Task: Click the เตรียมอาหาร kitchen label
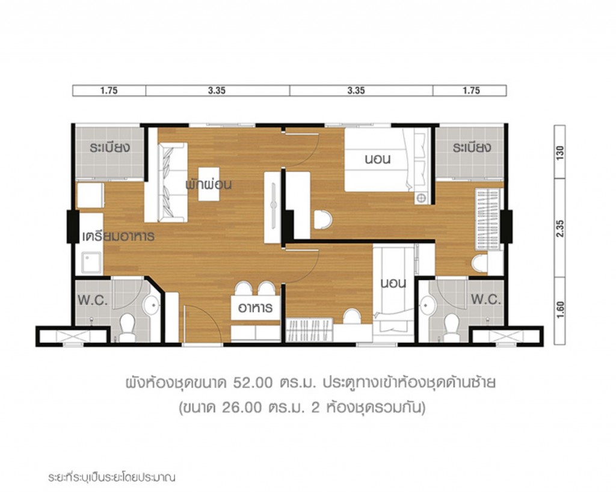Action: tap(118, 236)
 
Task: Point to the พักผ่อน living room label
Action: tap(209, 183)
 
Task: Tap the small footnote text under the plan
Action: tap(111, 479)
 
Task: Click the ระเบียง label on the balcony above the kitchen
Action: tap(108, 148)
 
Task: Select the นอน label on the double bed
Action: tap(378, 160)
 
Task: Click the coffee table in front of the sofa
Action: tap(209, 183)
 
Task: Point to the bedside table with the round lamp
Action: tap(421, 197)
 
